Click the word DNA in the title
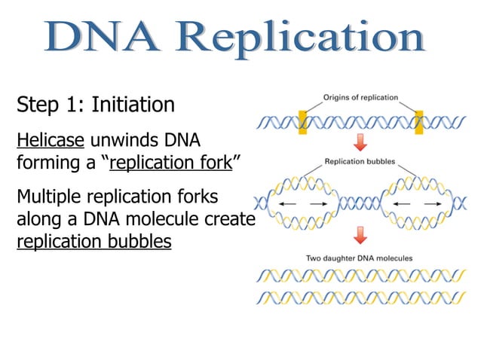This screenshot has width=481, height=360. pyautogui.click(x=102, y=38)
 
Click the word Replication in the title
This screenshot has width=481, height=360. pyautogui.click(x=302, y=38)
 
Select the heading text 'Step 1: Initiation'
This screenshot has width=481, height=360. pyautogui.click(x=96, y=104)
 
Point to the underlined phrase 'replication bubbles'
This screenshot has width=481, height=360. pyautogui.click(x=93, y=243)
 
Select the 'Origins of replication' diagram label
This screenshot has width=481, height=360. pyautogui.click(x=361, y=97)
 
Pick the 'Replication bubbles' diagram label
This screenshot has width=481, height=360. pyautogui.click(x=361, y=161)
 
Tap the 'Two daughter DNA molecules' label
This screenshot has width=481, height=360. pyautogui.click(x=359, y=258)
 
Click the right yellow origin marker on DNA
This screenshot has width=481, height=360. pyautogui.click(x=419, y=121)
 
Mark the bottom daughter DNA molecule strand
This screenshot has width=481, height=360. pyautogui.click(x=359, y=297)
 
